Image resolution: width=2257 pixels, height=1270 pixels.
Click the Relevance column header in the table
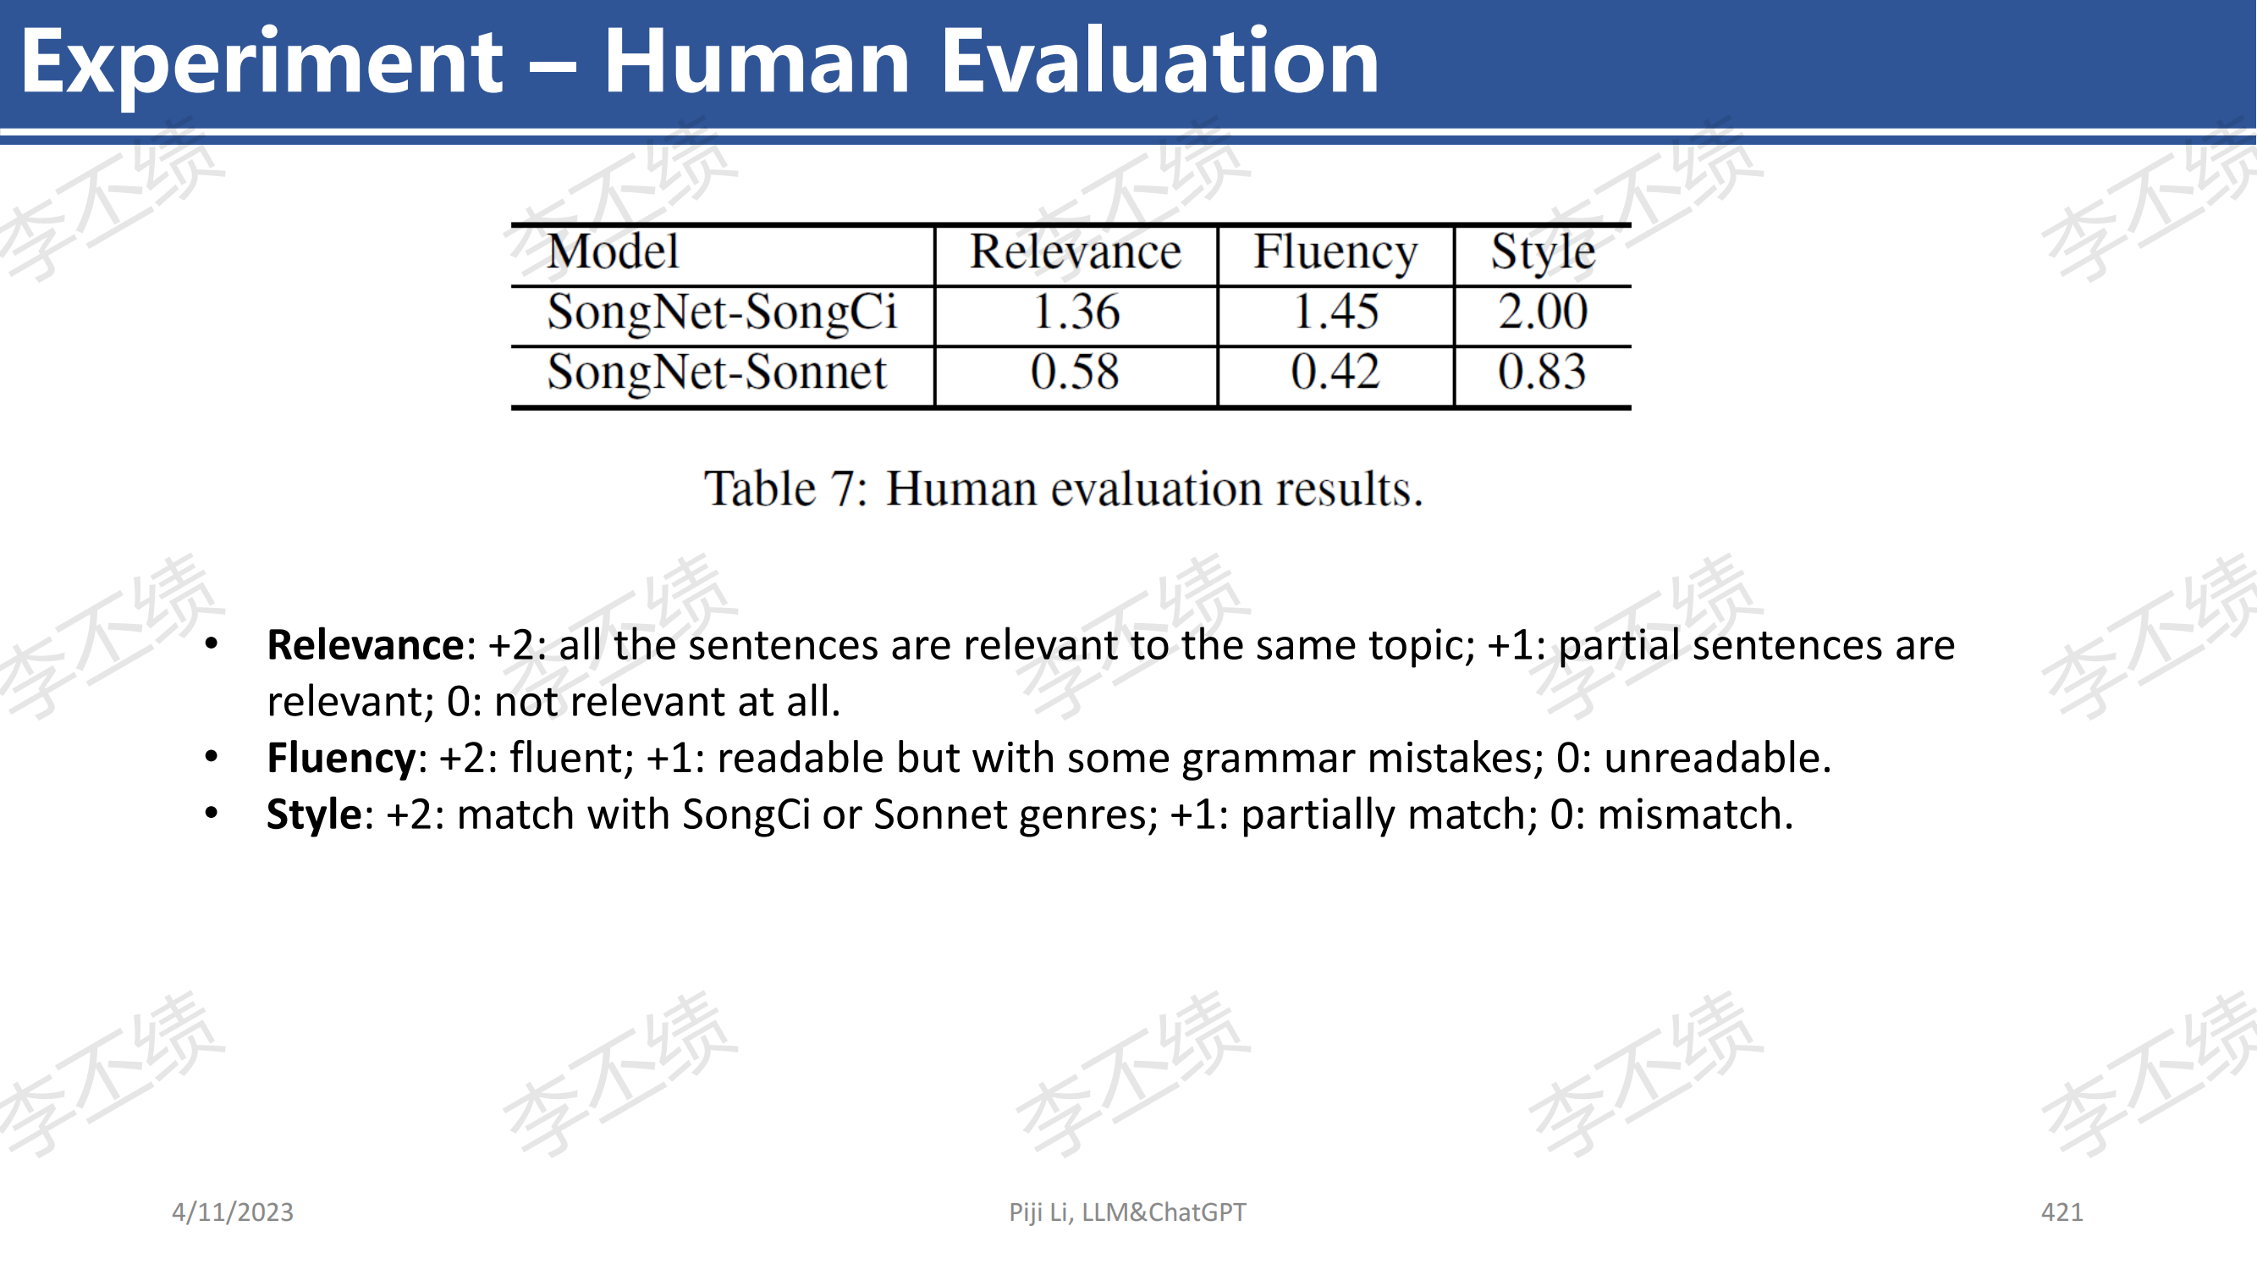point(1075,252)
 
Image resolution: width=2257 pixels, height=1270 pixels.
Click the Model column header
point(613,252)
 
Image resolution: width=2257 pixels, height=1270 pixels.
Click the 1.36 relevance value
point(1076,313)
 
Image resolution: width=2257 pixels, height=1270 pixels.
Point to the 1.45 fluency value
point(1335,313)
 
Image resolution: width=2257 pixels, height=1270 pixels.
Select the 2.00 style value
point(1542,313)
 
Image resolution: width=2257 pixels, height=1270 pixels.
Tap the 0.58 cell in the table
point(1075,373)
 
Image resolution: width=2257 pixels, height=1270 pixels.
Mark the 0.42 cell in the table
point(1335,373)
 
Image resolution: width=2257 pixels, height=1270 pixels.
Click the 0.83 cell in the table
point(1542,373)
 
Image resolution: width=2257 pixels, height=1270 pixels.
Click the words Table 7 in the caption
point(785,489)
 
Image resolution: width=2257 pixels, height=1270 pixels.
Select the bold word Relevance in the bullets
point(366,645)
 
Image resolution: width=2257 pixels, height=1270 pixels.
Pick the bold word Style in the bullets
point(314,815)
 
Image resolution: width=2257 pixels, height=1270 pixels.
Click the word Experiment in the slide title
point(261,63)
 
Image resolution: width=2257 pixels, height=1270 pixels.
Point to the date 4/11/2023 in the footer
point(232,1212)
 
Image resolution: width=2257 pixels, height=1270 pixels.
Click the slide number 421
point(2062,1212)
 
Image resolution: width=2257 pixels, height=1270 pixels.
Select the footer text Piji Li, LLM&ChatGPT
point(1126,1212)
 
